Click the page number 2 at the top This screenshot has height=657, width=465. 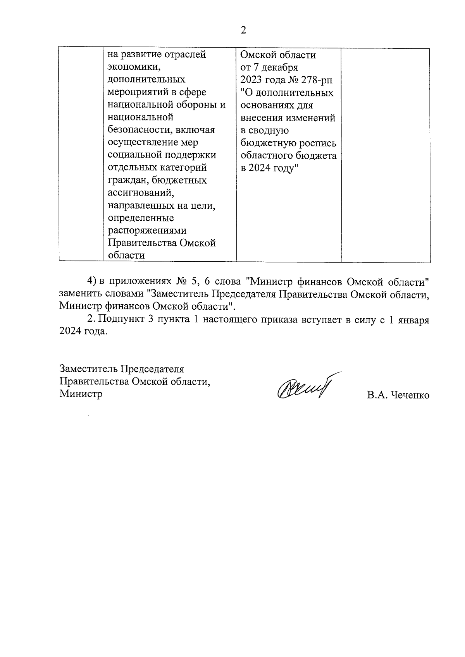pos(243,31)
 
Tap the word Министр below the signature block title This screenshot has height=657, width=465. pos(81,394)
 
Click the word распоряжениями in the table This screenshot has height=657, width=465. pos(147,231)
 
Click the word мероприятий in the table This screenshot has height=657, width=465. pos(135,92)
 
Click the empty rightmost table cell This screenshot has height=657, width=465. pos(386,155)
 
